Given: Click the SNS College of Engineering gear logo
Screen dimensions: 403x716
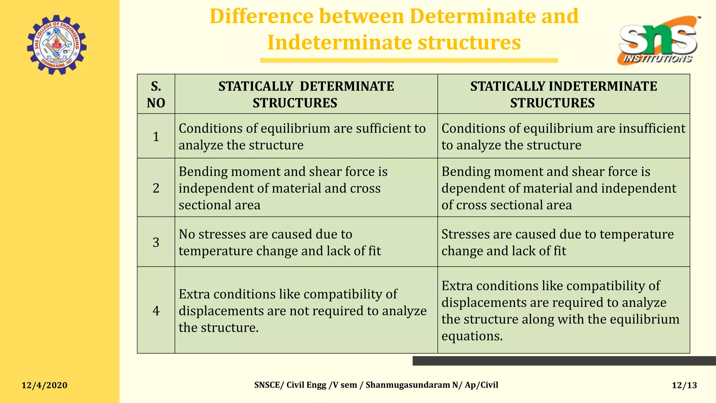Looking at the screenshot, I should click(x=57, y=45).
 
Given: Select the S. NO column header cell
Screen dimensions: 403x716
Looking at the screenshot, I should click(x=156, y=94).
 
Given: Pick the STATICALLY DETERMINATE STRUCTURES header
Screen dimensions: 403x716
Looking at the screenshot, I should click(x=306, y=94).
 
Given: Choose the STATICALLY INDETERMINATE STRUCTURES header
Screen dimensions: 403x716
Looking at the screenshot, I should click(x=563, y=94).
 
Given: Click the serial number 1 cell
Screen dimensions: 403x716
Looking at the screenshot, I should click(x=156, y=136).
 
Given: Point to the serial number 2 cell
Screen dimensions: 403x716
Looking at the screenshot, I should click(x=156, y=188).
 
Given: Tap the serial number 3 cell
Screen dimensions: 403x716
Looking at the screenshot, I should click(x=156, y=242).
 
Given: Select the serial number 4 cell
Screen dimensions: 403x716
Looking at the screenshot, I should click(x=156, y=311).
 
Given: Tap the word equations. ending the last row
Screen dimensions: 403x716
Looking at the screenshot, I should click(x=472, y=336).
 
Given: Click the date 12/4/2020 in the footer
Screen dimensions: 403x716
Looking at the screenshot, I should click(x=44, y=385).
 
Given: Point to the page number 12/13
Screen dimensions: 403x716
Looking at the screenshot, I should click(x=684, y=385).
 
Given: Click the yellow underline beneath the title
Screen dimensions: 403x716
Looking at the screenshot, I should click(x=409, y=61).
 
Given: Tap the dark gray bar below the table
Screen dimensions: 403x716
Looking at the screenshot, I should click(x=564, y=361).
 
